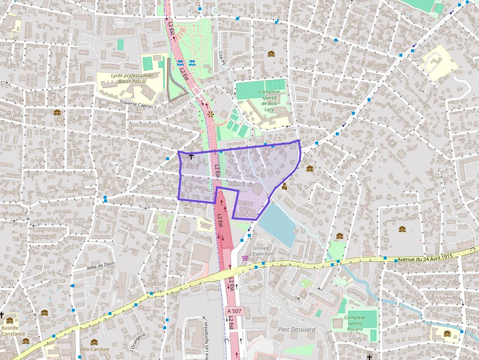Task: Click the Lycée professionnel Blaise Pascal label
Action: click(x=132, y=78)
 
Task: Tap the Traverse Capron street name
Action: click(x=136, y=104)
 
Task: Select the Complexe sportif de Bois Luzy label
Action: click(x=269, y=100)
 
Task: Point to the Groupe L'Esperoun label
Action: click(x=261, y=251)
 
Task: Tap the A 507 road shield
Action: click(x=234, y=311)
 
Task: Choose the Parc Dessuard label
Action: click(x=296, y=329)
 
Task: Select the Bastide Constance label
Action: click(x=13, y=331)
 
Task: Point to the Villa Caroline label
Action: click(x=94, y=349)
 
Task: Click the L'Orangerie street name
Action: click(x=137, y=341)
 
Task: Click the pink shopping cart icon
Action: click(x=244, y=257)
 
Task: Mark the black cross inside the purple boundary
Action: click(x=191, y=157)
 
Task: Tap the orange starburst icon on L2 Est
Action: click(x=210, y=113)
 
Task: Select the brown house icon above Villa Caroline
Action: click(x=94, y=342)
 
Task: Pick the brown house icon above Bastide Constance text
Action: click(x=9, y=320)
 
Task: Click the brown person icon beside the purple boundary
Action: click(x=284, y=186)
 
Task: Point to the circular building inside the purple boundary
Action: click(x=257, y=188)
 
